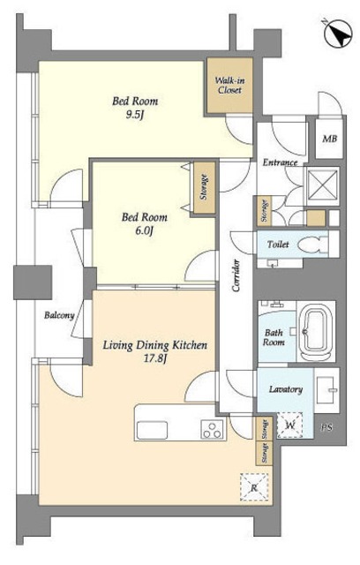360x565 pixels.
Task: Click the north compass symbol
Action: click(338, 34)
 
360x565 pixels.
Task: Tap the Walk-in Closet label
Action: click(229, 86)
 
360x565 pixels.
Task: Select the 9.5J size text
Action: click(135, 116)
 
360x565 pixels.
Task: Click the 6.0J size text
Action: click(145, 230)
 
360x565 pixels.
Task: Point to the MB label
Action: click(329, 139)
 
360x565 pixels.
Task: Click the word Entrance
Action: click(280, 162)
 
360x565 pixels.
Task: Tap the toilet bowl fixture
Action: click(312, 245)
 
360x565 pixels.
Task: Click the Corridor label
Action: click(236, 275)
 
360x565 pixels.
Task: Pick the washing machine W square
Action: click(289, 426)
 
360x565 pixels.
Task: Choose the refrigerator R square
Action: click(254, 488)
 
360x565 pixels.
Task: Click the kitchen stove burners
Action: click(212, 430)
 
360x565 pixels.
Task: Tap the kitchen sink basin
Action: click(152, 430)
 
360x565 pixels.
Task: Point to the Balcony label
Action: click(59, 316)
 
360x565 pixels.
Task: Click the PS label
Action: click(326, 427)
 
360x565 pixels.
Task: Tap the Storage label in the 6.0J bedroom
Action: click(204, 187)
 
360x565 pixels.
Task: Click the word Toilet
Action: click(278, 245)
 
